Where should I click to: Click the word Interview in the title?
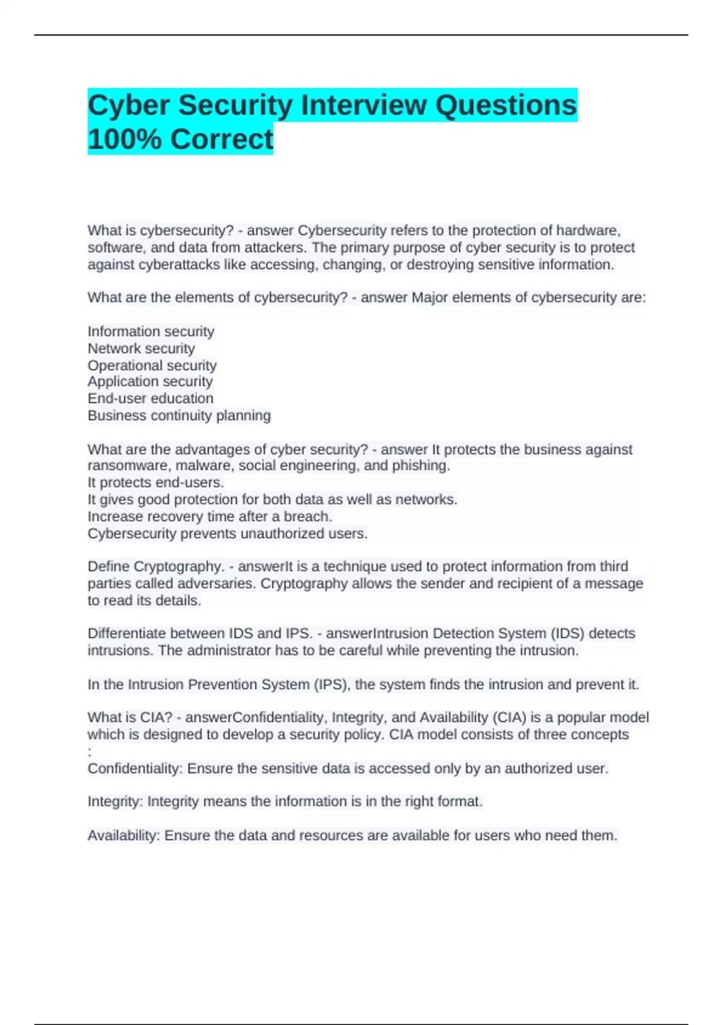point(362,106)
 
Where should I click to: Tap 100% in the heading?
point(124,139)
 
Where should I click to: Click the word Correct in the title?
point(222,139)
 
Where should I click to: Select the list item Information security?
point(151,332)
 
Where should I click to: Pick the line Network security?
point(141,348)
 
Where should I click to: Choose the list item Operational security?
point(152,365)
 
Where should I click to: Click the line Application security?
point(150,382)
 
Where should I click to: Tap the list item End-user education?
point(150,399)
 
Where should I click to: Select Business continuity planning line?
point(179,415)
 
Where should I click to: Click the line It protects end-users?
point(155,482)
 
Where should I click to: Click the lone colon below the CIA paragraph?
point(90,752)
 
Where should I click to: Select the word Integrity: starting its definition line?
point(115,802)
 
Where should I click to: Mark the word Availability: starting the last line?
point(124,836)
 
